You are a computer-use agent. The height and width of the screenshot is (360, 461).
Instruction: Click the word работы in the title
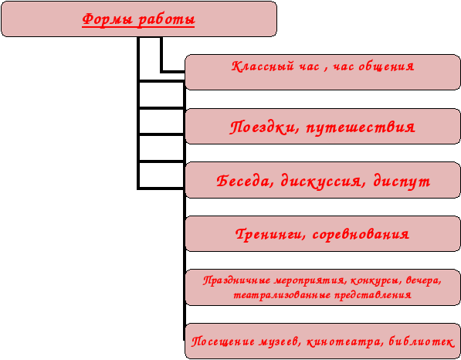(x=166, y=20)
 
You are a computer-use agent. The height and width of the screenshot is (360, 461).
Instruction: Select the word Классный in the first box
(x=263, y=66)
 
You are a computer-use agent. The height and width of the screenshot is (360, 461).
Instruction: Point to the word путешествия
(x=361, y=128)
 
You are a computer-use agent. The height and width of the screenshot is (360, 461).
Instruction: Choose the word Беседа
(x=246, y=182)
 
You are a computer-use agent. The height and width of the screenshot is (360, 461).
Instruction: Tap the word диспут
(x=402, y=182)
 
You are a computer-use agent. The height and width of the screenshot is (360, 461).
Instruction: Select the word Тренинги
(x=270, y=235)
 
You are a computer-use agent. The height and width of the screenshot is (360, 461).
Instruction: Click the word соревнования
(x=361, y=235)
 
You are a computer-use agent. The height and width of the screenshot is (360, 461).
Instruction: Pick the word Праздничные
(x=237, y=280)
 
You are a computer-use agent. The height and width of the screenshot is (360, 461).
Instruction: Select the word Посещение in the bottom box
(x=223, y=342)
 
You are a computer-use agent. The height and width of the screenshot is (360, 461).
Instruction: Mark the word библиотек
(x=422, y=341)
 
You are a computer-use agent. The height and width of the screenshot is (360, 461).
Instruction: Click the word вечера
(x=423, y=280)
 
